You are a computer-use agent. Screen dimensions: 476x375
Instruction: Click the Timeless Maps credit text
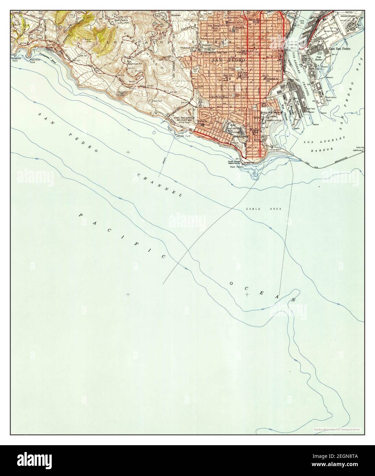point(336,429)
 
